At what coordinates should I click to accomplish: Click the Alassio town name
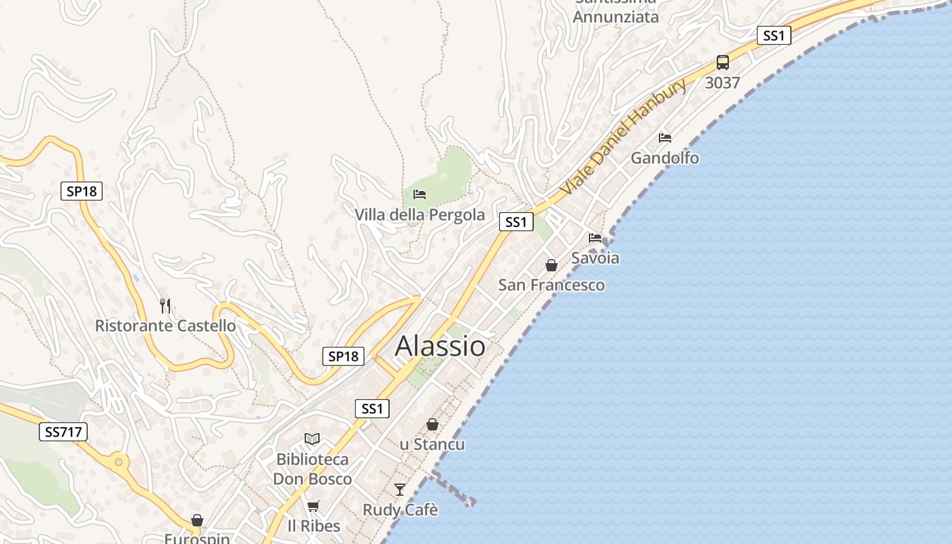440,346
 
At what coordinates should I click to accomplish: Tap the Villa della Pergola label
420,215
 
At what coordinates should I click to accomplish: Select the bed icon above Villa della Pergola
420,195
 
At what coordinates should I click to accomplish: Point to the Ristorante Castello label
165,326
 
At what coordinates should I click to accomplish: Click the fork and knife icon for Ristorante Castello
165,306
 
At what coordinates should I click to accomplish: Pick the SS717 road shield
63,431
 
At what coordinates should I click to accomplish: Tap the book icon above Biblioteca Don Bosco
312,439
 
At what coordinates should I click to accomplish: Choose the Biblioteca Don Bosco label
312,469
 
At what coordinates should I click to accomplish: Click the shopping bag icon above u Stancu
432,424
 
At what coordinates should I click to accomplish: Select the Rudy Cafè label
400,510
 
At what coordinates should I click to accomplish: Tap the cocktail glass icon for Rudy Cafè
400,490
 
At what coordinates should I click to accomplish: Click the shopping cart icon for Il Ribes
313,506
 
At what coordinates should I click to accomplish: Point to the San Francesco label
551,285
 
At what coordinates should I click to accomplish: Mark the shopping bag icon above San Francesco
551,265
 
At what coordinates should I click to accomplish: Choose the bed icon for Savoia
595,238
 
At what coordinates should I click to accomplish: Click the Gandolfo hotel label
664,158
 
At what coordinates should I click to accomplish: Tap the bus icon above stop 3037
722,63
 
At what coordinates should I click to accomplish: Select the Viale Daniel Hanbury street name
624,137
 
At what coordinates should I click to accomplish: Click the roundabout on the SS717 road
119,462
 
